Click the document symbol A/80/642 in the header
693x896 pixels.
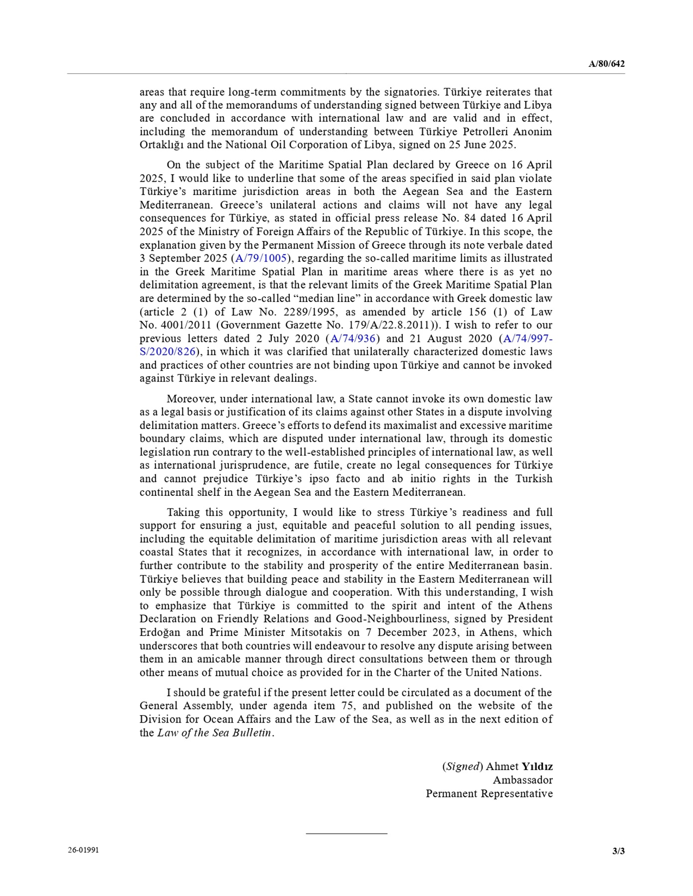click(606, 64)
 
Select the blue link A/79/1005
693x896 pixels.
click(261, 258)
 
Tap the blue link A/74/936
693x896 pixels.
click(353, 338)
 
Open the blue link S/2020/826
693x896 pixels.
click(168, 351)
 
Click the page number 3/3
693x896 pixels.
click(618, 851)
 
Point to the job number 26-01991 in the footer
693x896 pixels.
click(83, 850)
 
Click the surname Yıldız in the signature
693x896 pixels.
click(537, 766)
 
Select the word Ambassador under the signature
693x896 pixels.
click(522, 780)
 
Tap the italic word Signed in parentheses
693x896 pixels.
click(462, 766)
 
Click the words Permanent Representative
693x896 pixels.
click(489, 793)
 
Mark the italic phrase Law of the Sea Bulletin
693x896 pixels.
click(214, 733)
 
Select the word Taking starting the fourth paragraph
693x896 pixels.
click(182, 512)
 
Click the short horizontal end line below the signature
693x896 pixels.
click(346, 833)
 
